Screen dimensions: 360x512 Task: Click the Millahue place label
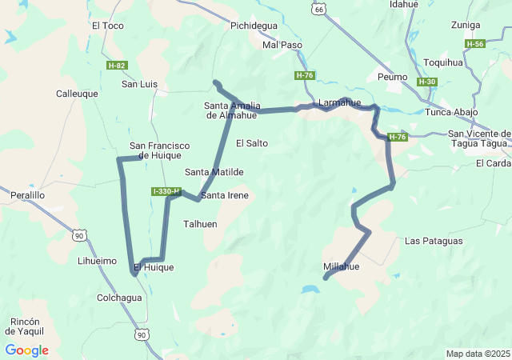coord(342,266)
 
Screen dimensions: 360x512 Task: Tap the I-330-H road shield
coord(166,191)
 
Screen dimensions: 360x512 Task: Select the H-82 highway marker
coord(117,65)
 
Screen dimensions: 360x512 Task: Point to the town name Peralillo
coord(27,194)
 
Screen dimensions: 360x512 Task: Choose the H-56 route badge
coord(474,44)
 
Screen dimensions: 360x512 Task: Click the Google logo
coord(26,350)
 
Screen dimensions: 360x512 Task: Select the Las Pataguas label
coord(434,241)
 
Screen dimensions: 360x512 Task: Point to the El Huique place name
coord(154,267)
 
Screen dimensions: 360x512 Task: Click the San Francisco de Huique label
coord(159,150)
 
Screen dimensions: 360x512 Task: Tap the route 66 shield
coord(319,8)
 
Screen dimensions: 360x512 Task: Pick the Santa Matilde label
coord(214,172)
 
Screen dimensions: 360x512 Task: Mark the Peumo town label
coord(392,77)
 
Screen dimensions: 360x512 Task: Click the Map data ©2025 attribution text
coord(477,354)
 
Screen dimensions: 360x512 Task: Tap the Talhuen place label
coord(200,224)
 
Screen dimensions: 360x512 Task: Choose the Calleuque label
coord(77,94)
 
